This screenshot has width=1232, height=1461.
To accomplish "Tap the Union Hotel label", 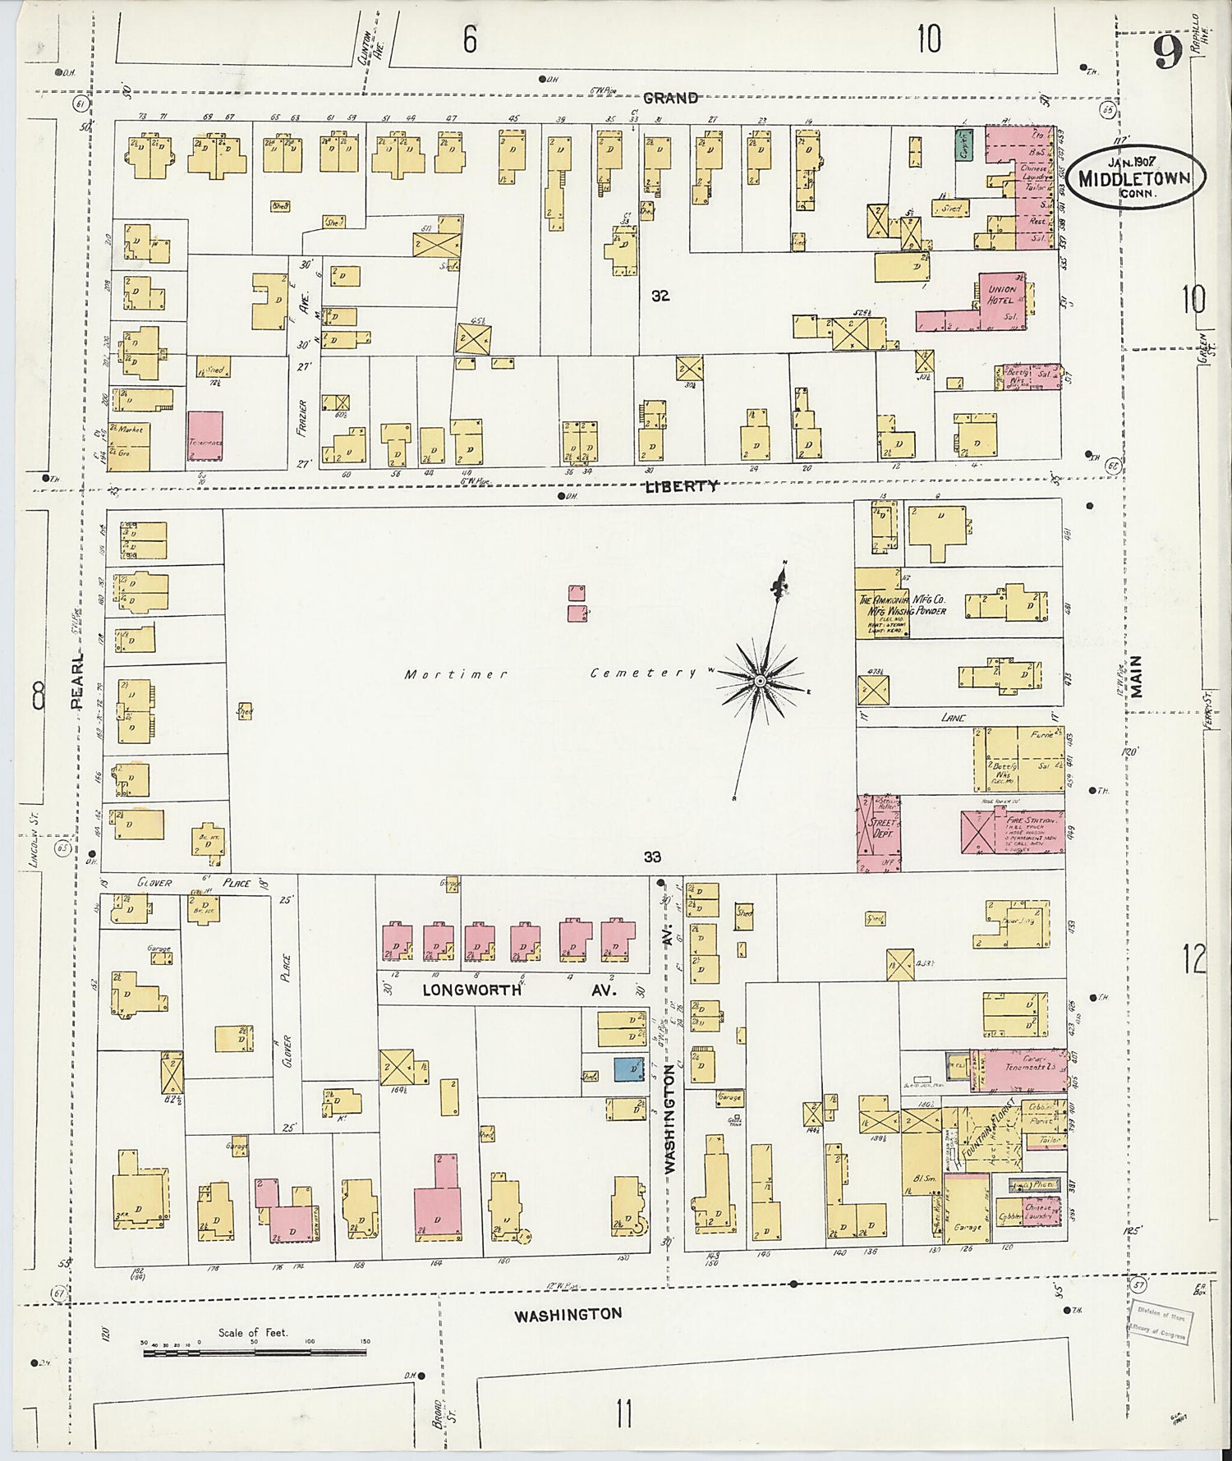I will point(1002,294).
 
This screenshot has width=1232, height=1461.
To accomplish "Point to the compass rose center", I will point(761,681).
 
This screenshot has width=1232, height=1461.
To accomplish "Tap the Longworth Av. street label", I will point(517,990).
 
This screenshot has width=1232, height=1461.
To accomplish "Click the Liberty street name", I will point(681,485).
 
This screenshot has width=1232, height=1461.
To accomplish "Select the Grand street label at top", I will point(670,98).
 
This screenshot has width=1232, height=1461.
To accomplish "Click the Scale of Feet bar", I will point(255,1351).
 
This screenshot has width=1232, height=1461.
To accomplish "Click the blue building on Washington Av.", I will point(629,1068).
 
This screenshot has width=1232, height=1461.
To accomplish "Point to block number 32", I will point(660,296).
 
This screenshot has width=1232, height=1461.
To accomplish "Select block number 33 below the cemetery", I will point(652,857).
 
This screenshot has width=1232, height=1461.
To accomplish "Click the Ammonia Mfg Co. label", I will point(902,605).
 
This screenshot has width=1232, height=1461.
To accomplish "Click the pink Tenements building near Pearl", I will point(205,440).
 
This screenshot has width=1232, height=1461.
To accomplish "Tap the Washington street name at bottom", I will point(568,1314).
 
